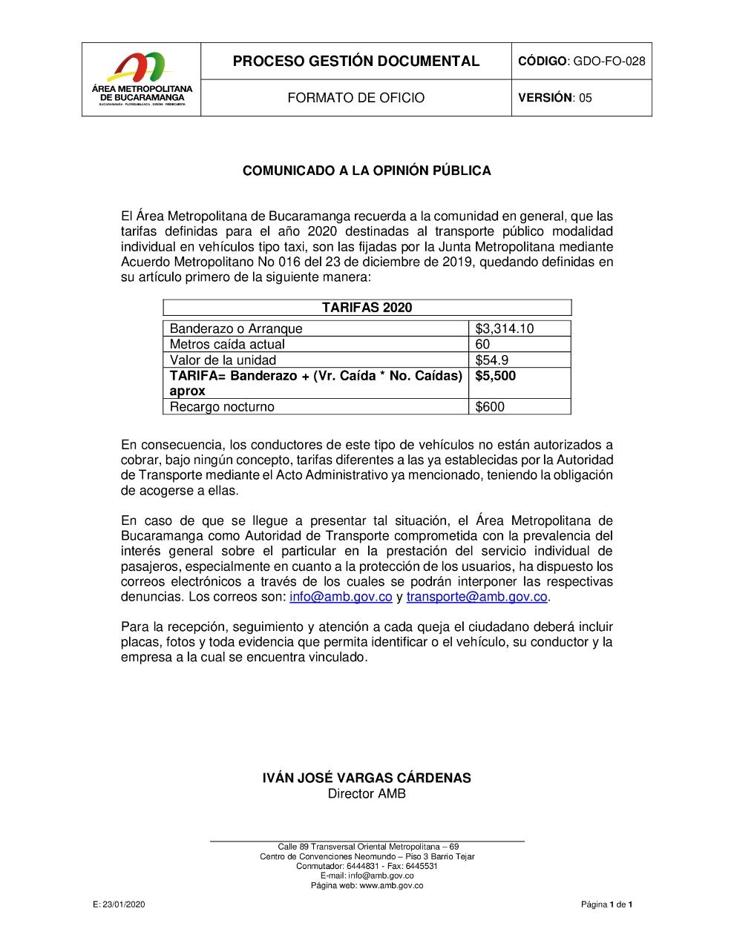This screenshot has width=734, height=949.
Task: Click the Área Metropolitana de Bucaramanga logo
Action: pyautogui.click(x=141, y=79)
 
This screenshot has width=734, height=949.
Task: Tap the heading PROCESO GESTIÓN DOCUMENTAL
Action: pyautogui.click(x=356, y=61)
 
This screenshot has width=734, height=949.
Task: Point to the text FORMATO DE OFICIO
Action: pyautogui.click(x=356, y=98)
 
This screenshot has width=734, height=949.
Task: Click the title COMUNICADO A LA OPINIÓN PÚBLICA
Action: pyautogui.click(x=367, y=171)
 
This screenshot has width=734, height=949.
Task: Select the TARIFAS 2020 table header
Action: pyautogui.click(x=367, y=308)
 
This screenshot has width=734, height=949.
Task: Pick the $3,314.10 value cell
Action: pyautogui.click(x=505, y=328)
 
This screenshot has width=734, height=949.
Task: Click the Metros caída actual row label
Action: pyautogui.click(x=227, y=344)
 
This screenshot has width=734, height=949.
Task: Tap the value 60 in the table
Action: pyautogui.click(x=483, y=344)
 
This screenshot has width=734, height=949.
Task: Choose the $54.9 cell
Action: pyautogui.click(x=492, y=360)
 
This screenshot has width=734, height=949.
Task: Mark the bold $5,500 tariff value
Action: pyautogui.click(x=496, y=376)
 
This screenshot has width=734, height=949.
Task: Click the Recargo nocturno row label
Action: pyautogui.click(x=222, y=407)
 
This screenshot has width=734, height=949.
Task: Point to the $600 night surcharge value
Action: pyautogui.click(x=490, y=407)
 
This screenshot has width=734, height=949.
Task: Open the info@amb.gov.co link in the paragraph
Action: pyautogui.click(x=341, y=597)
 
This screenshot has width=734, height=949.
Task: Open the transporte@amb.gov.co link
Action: pyautogui.click(x=476, y=597)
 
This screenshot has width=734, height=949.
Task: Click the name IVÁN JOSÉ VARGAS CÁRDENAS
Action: pyautogui.click(x=367, y=778)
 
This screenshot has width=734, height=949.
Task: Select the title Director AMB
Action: pyautogui.click(x=367, y=794)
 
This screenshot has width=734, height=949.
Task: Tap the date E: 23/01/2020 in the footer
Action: pyautogui.click(x=119, y=905)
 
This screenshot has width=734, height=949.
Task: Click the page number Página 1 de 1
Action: pyautogui.click(x=606, y=905)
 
